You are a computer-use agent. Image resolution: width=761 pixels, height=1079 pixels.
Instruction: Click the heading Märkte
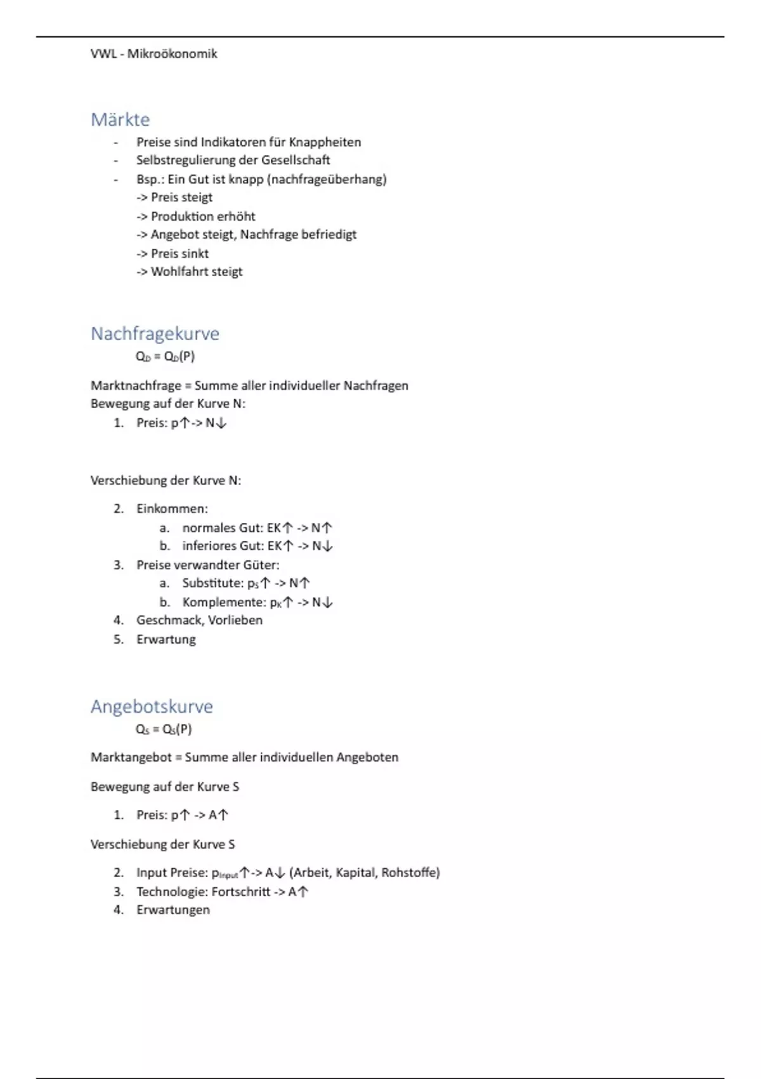[x=120, y=119]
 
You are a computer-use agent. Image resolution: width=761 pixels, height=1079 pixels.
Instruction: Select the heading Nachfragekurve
[x=155, y=333]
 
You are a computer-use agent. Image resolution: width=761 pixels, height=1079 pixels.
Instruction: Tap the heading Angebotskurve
[x=152, y=706]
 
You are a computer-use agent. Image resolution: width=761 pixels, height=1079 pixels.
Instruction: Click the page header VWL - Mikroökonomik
[x=153, y=54]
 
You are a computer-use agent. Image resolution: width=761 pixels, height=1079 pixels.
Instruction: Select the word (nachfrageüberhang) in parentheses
[x=327, y=179]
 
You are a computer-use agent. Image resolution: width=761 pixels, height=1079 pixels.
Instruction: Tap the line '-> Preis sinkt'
[x=172, y=253]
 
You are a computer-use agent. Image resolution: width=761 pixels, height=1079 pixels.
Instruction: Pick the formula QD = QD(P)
[x=165, y=356]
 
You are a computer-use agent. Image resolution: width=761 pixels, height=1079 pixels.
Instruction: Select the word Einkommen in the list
[x=171, y=508]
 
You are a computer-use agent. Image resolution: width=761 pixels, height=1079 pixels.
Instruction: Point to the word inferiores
[x=209, y=546]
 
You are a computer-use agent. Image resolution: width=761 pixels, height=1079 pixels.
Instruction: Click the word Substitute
[x=212, y=583]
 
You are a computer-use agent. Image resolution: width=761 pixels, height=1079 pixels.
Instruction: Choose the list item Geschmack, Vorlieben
[x=199, y=620]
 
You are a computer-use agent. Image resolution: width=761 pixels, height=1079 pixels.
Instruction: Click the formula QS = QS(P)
[x=164, y=729]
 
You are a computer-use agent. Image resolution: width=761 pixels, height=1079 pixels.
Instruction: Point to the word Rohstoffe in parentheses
[x=410, y=873]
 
